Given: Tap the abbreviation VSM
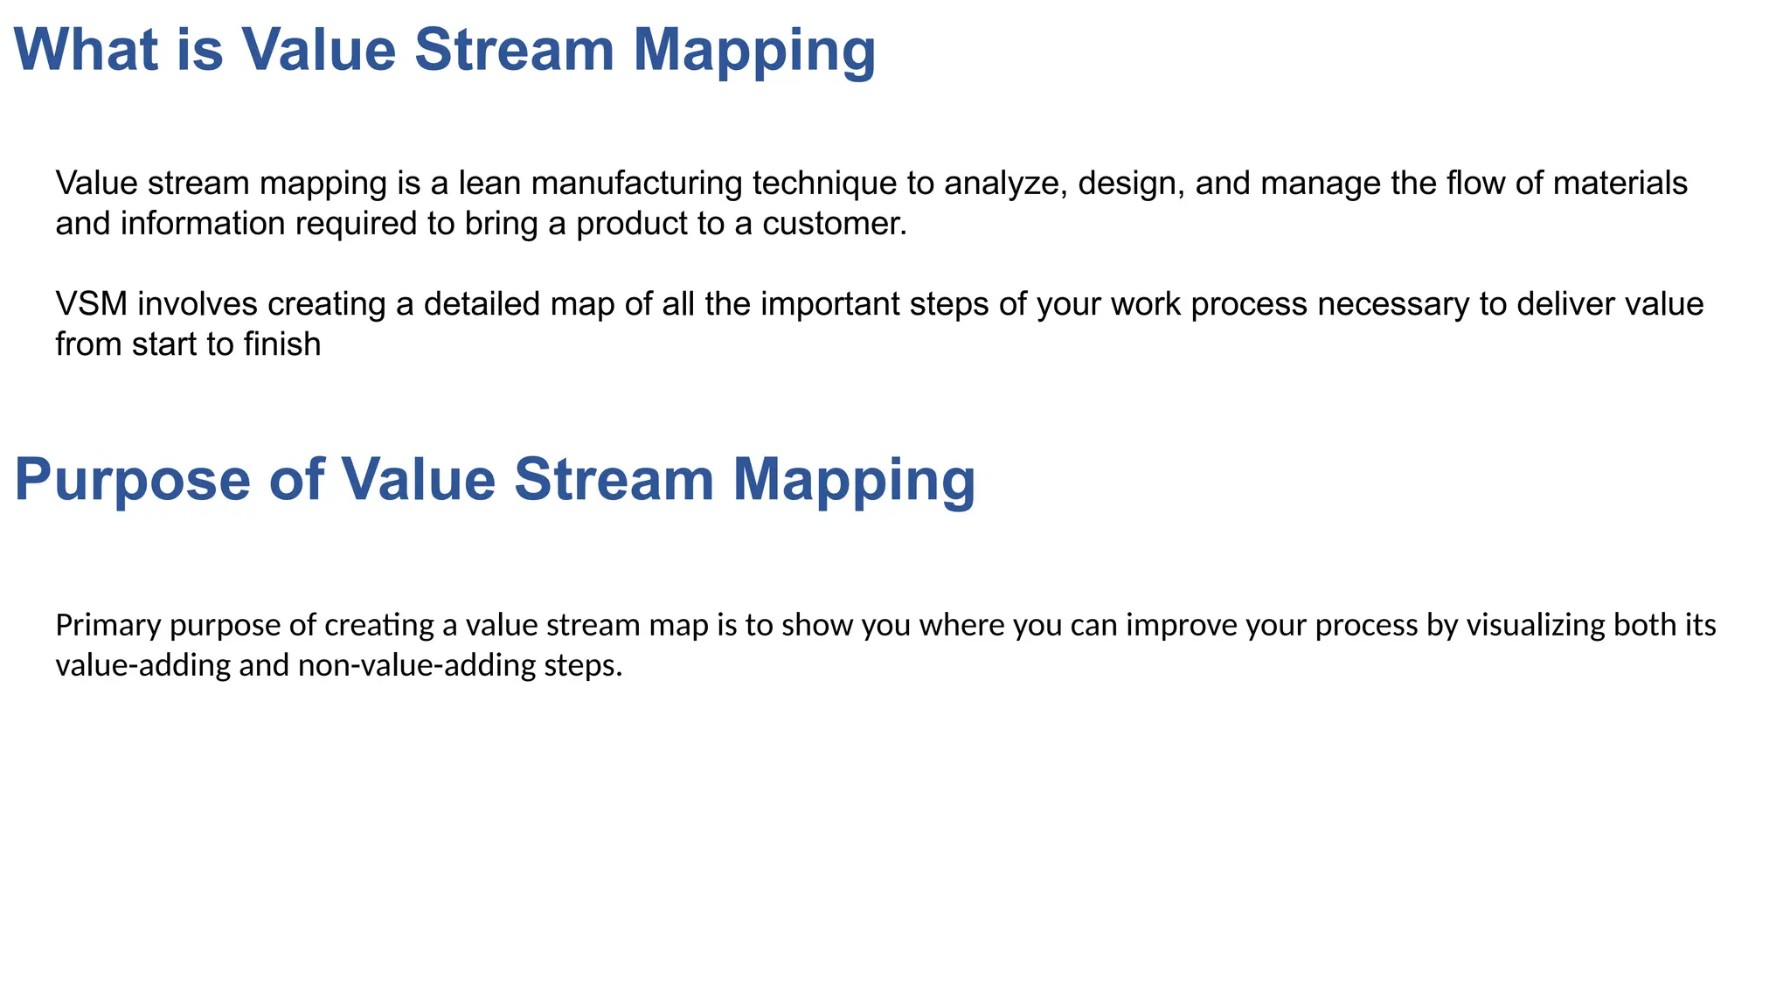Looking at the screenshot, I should (92, 304).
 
